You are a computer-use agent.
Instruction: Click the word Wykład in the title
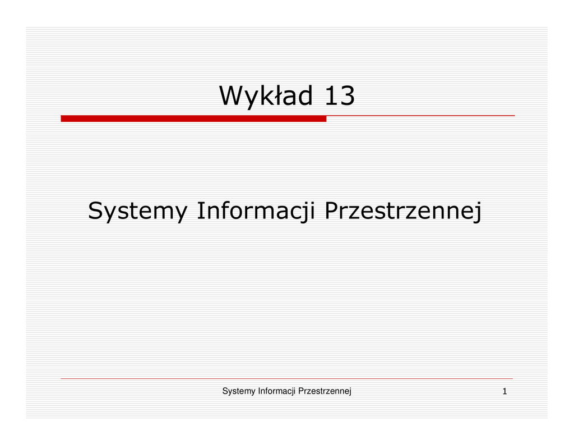(x=266, y=96)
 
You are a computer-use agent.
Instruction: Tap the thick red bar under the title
(x=193, y=118)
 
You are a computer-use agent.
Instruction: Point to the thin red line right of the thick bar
(x=420, y=116)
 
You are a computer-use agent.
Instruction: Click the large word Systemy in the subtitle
(x=138, y=211)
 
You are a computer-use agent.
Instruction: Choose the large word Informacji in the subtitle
(x=256, y=211)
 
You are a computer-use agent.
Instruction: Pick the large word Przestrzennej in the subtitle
(x=403, y=211)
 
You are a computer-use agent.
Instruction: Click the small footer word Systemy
(x=239, y=391)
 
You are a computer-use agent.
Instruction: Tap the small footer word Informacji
(x=277, y=391)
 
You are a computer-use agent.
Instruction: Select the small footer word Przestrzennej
(x=325, y=391)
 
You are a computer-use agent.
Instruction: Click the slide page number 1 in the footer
(x=505, y=391)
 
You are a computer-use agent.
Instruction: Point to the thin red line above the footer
(x=286, y=378)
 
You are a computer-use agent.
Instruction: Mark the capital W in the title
(x=232, y=95)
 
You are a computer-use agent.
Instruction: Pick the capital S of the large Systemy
(x=96, y=211)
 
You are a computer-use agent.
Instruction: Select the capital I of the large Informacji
(x=200, y=211)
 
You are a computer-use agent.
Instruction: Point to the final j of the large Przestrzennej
(x=478, y=212)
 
